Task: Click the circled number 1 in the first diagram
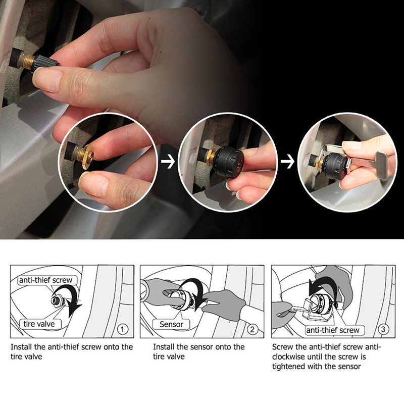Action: (x=122, y=329)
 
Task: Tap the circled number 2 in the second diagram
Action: (x=252, y=329)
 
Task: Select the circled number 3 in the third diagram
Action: (x=383, y=329)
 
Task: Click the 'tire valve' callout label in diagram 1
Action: (x=39, y=324)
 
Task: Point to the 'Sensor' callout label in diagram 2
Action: (x=171, y=324)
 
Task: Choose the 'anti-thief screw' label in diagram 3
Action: (x=333, y=330)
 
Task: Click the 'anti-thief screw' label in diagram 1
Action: (x=46, y=280)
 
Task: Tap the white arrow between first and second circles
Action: (x=168, y=162)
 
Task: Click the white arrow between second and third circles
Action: (x=287, y=162)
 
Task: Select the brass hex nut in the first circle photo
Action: (x=87, y=157)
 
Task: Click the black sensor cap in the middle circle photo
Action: (x=228, y=161)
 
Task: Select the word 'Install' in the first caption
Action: (x=21, y=347)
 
